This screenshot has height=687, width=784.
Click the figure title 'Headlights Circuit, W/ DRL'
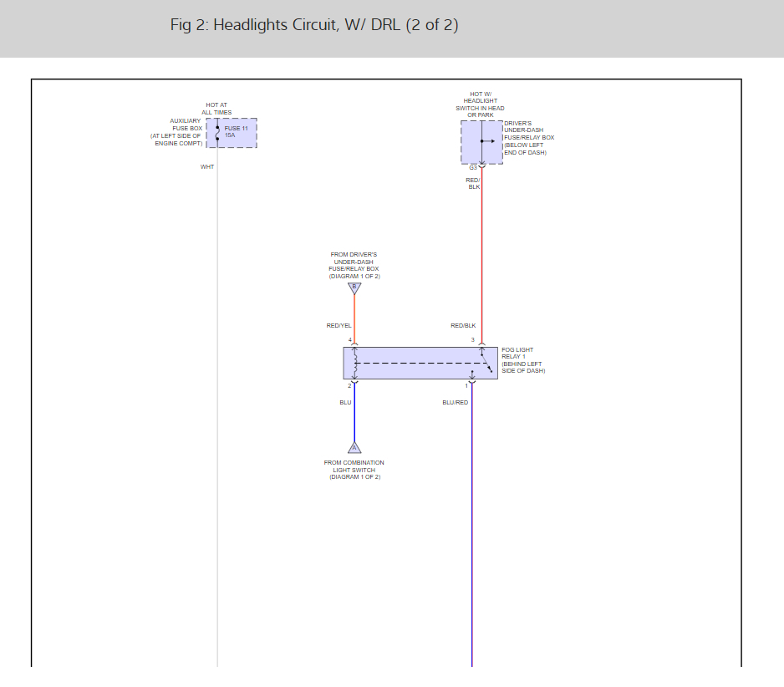click(x=314, y=25)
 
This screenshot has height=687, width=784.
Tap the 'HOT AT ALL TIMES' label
click(x=216, y=109)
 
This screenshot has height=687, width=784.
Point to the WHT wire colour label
click(x=207, y=167)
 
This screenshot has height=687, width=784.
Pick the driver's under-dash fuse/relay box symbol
click(x=481, y=142)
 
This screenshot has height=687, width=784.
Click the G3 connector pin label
click(x=473, y=167)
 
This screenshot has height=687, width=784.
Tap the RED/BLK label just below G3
click(x=474, y=184)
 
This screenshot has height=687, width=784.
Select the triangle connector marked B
click(x=354, y=288)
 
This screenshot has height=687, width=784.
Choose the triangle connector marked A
click(x=354, y=447)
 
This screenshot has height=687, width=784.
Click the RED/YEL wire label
click(x=339, y=325)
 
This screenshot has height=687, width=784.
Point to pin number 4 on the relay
click(x=349, y=340)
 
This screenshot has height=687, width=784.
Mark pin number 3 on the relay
click(x=472, y=340)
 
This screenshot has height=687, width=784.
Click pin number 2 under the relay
click(x=349, y=385)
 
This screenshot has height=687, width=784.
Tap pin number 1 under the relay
click(x=466, y=385)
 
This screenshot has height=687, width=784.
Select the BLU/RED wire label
click(x=456, y=403)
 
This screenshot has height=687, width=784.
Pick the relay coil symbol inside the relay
click(x=355, y=363)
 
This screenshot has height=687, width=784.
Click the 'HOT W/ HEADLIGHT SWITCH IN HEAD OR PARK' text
click(x=481, y=104)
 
